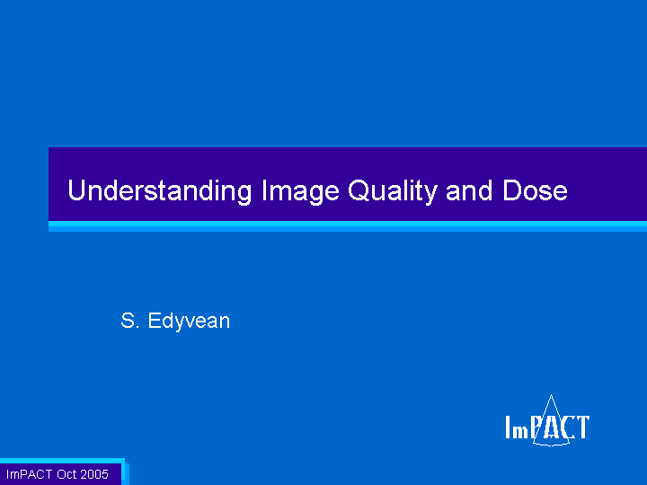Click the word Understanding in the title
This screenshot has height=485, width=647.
(x=160, y=191)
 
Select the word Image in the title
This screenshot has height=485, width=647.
(x=300, y=191)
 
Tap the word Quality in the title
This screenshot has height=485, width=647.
(x=393, y=191)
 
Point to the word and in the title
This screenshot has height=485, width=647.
(x=469, y=190)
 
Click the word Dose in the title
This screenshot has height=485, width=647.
(x=535, y=190)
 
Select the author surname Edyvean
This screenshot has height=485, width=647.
(x=189, y=322)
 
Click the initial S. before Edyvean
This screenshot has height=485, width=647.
(x=130, y=321)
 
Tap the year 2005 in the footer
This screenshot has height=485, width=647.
(x=94, y=474)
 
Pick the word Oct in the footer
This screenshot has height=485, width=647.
(x=66, y=474)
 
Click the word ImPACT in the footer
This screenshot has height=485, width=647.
(x=30, y=474)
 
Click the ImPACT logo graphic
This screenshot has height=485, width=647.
(x=547, y=421)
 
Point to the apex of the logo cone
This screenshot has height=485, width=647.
(x=551, y=395)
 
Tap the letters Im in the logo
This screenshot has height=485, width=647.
(x=517, y=428)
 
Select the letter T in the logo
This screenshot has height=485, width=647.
(x=583, y=428)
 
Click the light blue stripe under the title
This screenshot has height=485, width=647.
(x=348, y=226)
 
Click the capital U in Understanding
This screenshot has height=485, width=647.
(x=76, y=190)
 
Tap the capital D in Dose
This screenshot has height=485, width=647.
(x=511, y=190)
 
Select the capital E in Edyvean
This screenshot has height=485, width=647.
(x=155, y=321)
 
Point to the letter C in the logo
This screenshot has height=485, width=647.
(x=570, y=428)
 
